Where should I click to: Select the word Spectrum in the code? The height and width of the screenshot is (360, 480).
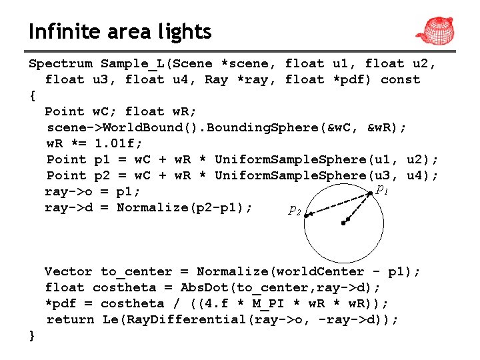(x=60, y=64)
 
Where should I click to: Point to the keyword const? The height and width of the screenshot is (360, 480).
(x=401, y=80)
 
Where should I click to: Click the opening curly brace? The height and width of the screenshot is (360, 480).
(x=32, y=95)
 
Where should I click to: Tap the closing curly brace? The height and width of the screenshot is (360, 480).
(x=32, y=335)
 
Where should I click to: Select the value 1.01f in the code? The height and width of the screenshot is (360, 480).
(x=119, y=143)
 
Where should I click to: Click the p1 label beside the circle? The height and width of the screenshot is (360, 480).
(x=382, y=189)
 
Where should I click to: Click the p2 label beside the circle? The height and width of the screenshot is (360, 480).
(x=294, y=210)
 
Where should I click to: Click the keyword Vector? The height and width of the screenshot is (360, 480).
(x=68, y=271)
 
